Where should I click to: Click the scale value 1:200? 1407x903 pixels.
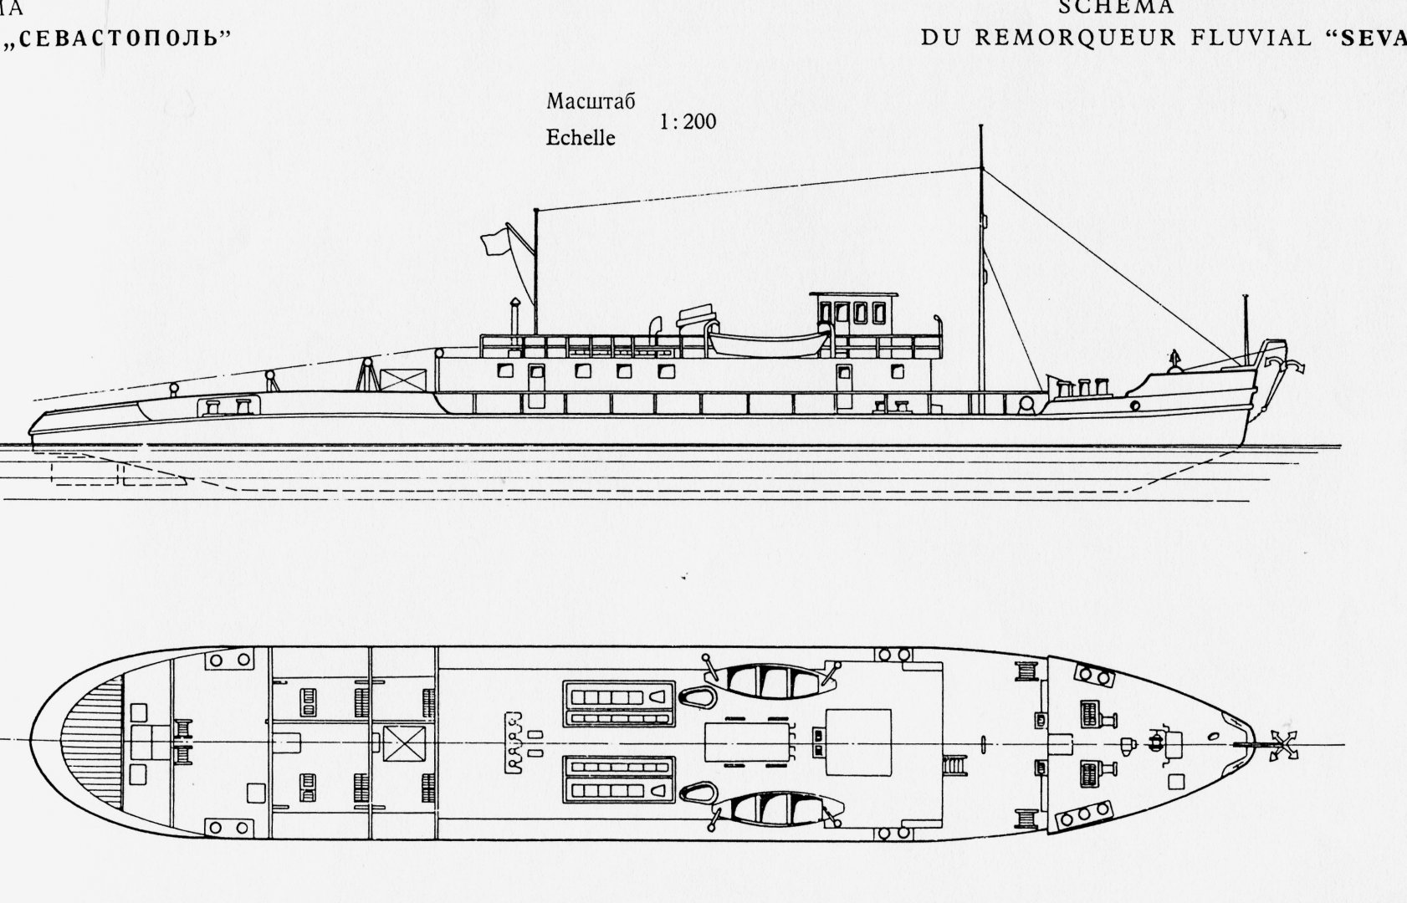coord(688,122)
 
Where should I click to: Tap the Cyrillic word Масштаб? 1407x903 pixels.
coord(591,102)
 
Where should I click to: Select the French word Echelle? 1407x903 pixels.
coord(580,138)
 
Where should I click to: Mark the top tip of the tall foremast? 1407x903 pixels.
coord(980,126)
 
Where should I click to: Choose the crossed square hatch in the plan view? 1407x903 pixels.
coord(405,743)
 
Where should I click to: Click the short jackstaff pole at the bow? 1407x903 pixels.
coord(1246,322)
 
